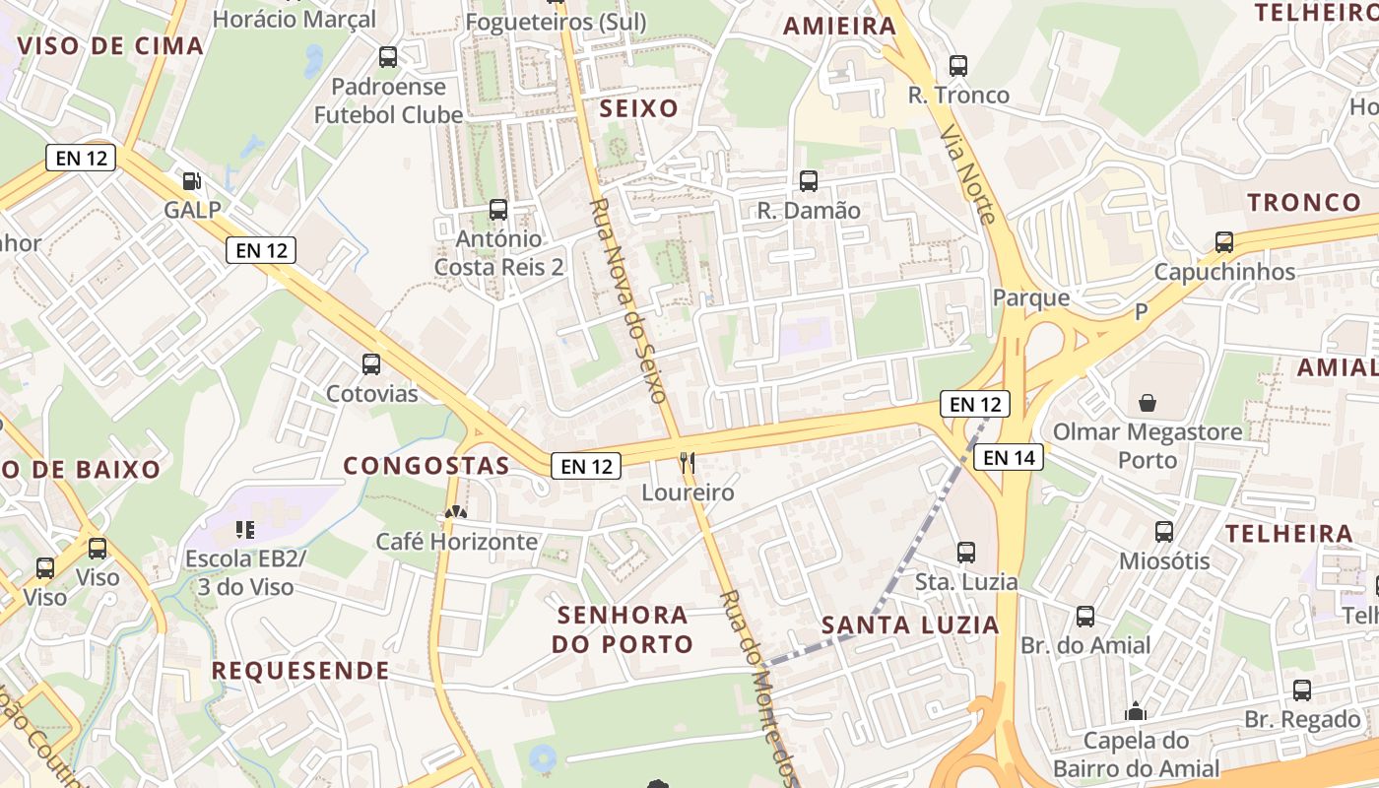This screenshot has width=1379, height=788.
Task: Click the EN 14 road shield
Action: click(1009, 457)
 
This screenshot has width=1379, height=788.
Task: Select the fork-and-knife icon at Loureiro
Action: click(688, 462)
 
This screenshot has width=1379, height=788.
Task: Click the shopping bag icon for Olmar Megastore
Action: click(1148, 402)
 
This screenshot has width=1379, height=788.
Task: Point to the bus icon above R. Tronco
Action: click(957, 66)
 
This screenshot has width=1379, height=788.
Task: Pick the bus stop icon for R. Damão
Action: click(809, 181)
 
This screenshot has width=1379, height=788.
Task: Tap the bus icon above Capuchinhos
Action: click(1224, 242)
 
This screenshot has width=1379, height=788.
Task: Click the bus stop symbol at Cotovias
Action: click(371, 364)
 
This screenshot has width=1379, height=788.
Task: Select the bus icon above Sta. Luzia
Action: click(966, 553)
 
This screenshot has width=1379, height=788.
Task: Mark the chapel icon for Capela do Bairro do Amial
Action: click(1136, 711)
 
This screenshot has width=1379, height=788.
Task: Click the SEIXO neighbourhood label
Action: click(639, 108)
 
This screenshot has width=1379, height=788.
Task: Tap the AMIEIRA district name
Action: click(839, 27)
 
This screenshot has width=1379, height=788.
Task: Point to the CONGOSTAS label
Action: click(427, 466)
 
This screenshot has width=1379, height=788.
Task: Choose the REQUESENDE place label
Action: click(300, 671)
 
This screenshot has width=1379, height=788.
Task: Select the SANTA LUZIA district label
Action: click(910, 624)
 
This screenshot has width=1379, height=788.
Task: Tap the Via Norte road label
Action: click(967, 173)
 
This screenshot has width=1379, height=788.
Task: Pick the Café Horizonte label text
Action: click(457, 541)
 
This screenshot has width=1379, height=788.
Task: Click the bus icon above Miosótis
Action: click(1164, 532)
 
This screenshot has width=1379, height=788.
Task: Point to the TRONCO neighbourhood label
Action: click(1304, 203)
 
